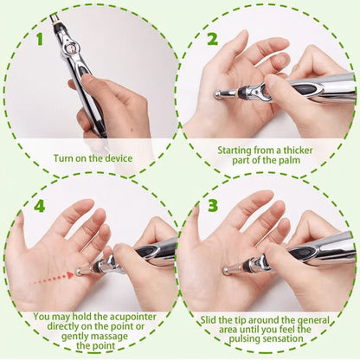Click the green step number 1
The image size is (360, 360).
(38, 39)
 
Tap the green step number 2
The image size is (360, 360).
(212, 39)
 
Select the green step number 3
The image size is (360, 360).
(212, 208)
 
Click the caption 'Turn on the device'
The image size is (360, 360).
(92, 157)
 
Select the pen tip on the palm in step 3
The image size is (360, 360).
(226, 271)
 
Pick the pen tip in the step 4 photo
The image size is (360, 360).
(78, 271)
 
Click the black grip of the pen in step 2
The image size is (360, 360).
(307, 88)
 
